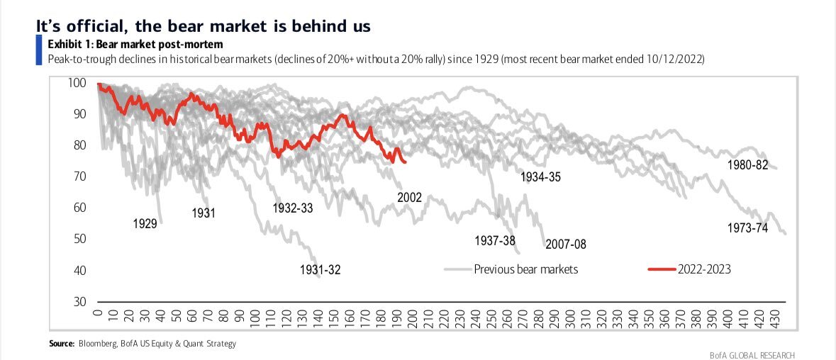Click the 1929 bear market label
145,224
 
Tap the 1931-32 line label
321,270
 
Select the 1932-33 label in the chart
292,208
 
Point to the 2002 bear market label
409,198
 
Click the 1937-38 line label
495,241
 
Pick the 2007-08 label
566,244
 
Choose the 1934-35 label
540,177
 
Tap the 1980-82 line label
748,165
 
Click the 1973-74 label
748,227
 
